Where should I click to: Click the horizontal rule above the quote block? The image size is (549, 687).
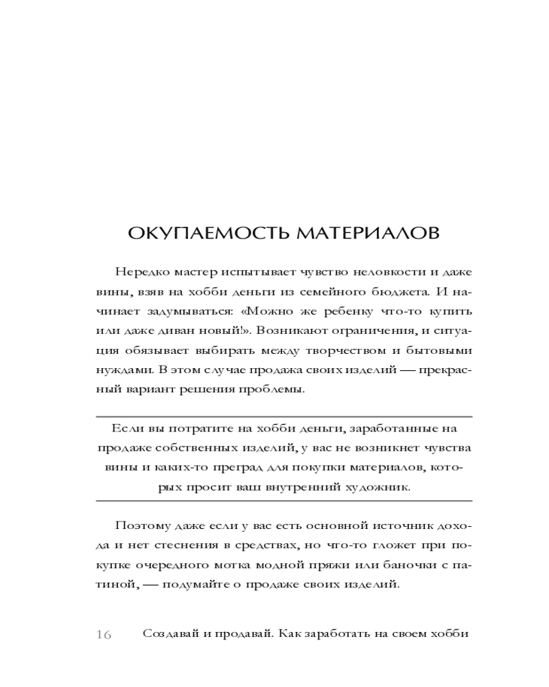click(x=274, y=416)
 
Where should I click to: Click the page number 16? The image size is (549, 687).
click(x=104, y=634)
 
